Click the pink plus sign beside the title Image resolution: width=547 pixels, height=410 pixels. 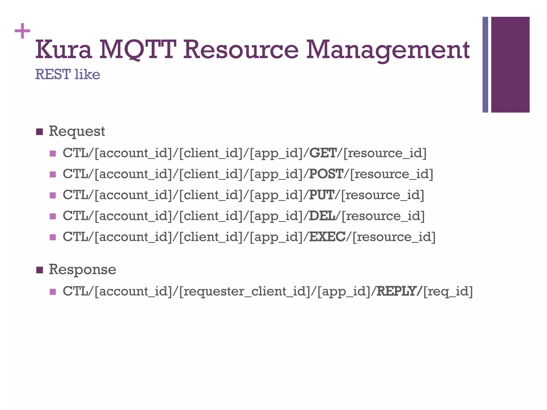pos(22,31)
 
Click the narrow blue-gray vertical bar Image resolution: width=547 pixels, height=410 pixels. pos(485,65)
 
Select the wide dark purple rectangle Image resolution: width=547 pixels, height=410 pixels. pos(510,65)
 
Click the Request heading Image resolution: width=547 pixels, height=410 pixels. pos(77,131)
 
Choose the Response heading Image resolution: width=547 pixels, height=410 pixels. pos(82,269)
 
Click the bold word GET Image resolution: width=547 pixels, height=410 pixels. pos(323,153)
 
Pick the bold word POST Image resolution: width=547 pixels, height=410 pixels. pos(326,174)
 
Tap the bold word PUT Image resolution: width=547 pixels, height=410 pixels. pos(322,195)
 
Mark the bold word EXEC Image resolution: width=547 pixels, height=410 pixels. pos(327,237)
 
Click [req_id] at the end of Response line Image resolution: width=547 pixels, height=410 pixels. pos(448,291)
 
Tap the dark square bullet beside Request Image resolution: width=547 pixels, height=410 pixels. pos(39,132)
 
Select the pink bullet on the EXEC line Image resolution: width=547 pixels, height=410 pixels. pos(53,237)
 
